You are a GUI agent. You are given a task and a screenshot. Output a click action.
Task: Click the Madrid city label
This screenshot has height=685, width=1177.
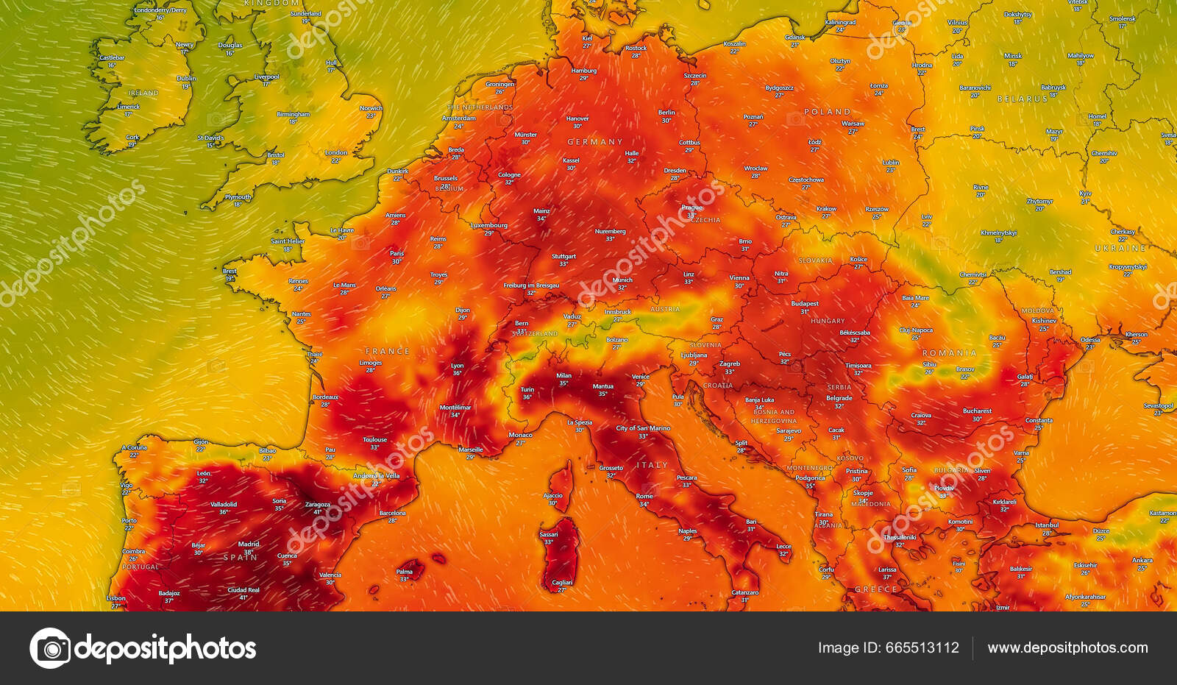[249, 544]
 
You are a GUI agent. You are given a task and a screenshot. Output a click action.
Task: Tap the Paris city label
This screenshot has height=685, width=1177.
[397, 254]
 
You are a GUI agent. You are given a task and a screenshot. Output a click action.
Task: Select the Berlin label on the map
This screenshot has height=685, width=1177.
[666, 113]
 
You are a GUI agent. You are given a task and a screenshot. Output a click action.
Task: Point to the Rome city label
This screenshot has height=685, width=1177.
[644, 497]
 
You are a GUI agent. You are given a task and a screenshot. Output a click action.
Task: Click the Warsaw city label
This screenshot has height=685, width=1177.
[853, 124]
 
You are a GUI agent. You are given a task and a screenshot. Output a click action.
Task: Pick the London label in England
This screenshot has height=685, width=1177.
[335, 153]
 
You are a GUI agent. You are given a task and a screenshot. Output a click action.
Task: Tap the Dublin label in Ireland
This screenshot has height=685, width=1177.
[186, 79]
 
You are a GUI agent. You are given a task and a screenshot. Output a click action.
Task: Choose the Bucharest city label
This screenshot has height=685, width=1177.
[977, 411]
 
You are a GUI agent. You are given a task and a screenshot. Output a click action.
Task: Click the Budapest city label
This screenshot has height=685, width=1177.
[805, 304]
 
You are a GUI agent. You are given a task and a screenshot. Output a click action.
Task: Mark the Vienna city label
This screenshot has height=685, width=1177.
[739, 278]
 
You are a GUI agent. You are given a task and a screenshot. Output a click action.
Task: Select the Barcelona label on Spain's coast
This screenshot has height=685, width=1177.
[392, 513]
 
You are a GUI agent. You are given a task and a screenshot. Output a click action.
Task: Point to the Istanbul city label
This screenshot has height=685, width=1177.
[1047, 525]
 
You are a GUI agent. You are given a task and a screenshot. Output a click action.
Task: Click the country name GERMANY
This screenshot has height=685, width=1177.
[594, 142]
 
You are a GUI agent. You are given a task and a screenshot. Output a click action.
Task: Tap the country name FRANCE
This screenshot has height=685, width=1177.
[388, 352]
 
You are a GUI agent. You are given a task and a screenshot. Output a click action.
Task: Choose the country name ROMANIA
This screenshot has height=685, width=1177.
[950, 353]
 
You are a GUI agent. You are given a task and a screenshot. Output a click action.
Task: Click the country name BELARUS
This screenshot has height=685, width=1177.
[1023, 99]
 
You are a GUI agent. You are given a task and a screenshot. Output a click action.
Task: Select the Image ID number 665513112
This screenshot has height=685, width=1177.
[922, 648]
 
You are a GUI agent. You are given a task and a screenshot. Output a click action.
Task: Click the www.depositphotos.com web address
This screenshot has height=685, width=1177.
[1067, 648]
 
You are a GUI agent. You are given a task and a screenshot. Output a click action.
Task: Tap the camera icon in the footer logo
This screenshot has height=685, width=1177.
[51, 648]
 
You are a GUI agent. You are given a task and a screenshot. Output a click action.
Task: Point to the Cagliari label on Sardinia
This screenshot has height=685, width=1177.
[562, 583]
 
